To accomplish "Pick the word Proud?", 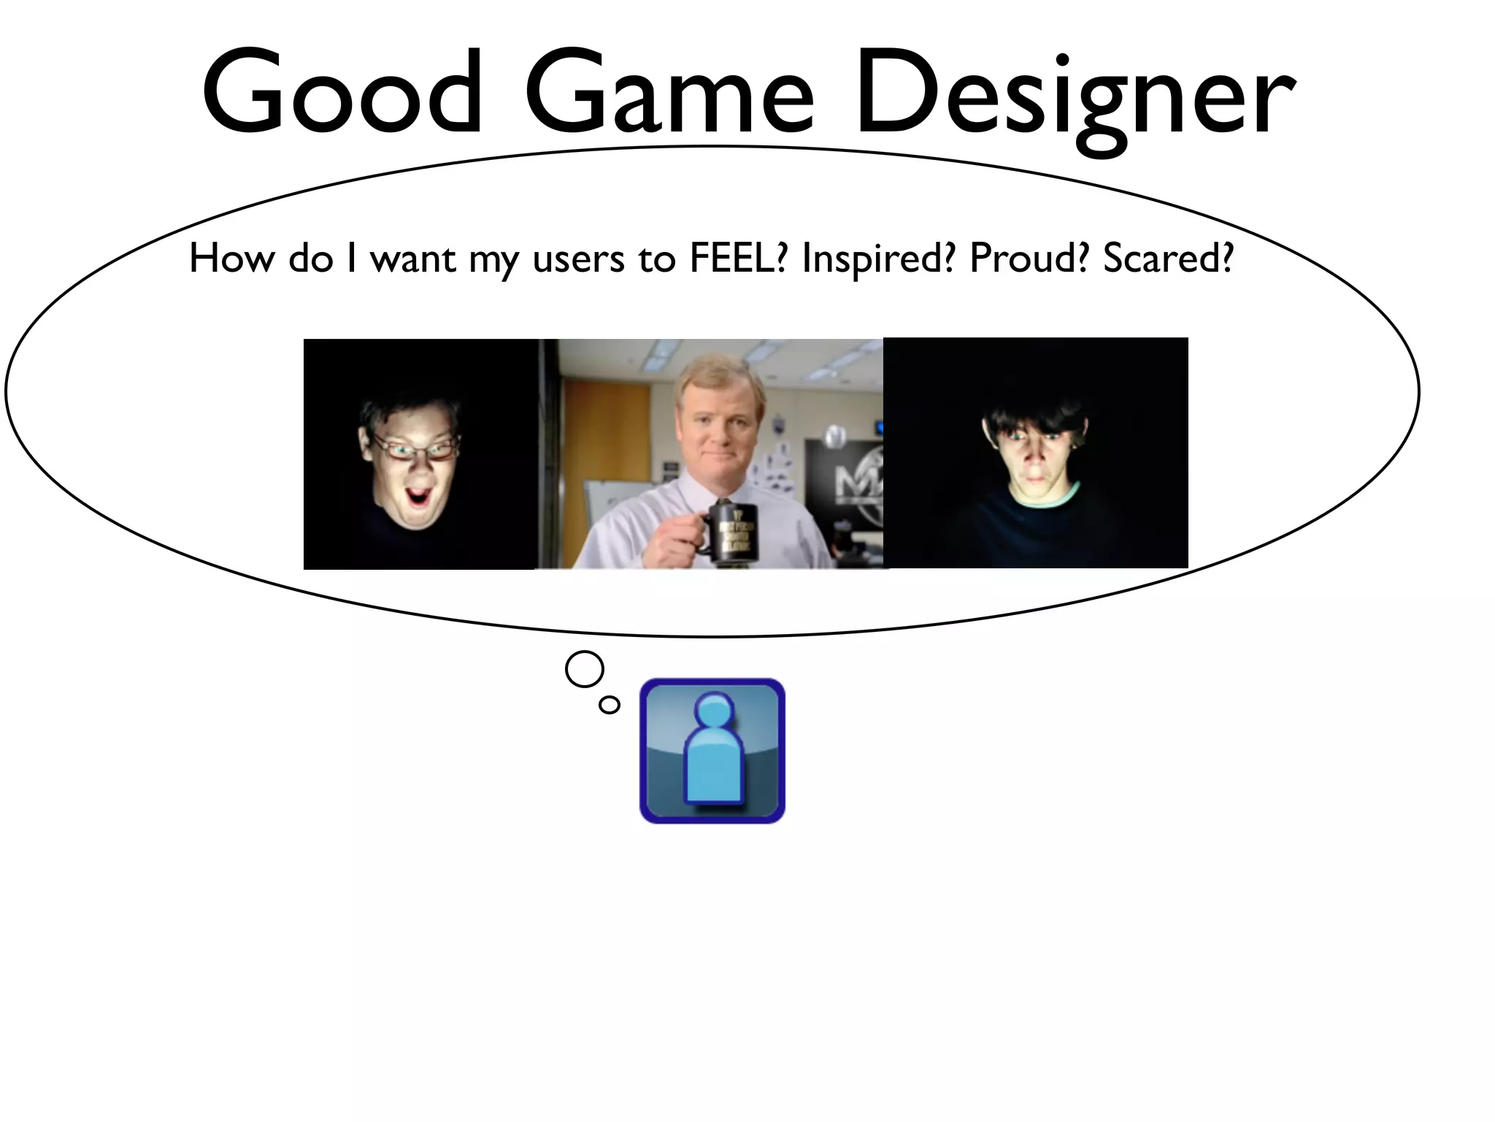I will (x=1029, y=259).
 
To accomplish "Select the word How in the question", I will (x=231, y=259).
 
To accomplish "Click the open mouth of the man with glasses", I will (x=419, y=500).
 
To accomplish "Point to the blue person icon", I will (x=712, y=751).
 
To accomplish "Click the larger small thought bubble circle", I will (x=585, y=669).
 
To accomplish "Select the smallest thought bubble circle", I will (x=609, y=705).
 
